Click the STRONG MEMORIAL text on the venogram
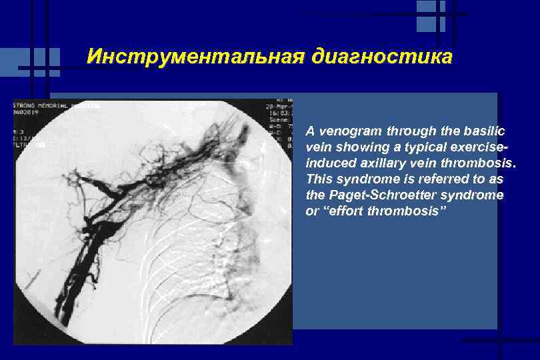click(x=50, y=105)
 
